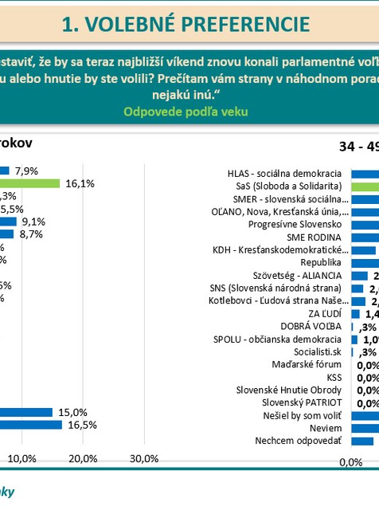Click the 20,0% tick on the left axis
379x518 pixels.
(x=83, y=458)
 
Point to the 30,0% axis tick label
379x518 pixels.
(x=143, y=458)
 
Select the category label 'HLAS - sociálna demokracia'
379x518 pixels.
(x=284, y=173)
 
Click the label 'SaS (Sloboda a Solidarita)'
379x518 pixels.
(x=289, y=185)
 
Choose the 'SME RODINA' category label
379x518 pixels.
(x=314, y=237)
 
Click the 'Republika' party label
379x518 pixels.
(x=321, y=261)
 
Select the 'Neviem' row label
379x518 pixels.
(x=326, y=428)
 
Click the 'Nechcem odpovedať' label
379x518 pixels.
(x=298, y=441)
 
